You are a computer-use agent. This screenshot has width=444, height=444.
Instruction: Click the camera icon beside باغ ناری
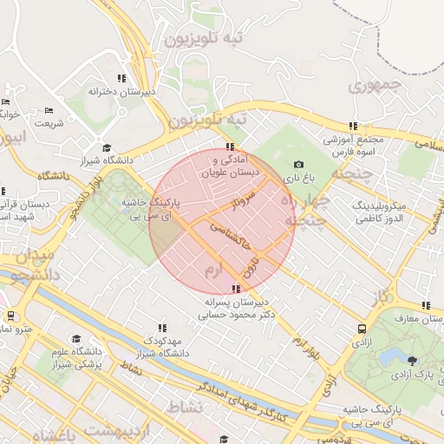(x=298, y=164)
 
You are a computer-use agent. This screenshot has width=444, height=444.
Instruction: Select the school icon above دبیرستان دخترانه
(x=121, y=78)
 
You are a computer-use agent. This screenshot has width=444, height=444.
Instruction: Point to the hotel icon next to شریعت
(x=48, y=111)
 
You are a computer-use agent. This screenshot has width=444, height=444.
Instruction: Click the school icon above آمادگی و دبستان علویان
(x=229, y=147)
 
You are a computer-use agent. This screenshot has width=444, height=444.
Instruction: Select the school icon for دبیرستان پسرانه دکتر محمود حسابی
(x=235, y=289)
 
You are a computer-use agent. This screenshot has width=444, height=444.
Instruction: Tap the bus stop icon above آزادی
(x=360, y=329)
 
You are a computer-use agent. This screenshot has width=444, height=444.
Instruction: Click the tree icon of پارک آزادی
(x=411, y=360)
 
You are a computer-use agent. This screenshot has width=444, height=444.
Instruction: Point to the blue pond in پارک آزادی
(x=388, y=357)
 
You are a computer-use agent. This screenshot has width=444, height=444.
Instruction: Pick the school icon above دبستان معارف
(x=426, y=305)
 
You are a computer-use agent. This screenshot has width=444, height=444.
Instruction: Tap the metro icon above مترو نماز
(x=10, y=317)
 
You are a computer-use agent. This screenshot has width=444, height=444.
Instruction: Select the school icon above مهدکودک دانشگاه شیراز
(x=161, y=328)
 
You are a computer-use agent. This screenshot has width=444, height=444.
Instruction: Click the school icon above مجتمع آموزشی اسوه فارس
(x=352, y=126)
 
